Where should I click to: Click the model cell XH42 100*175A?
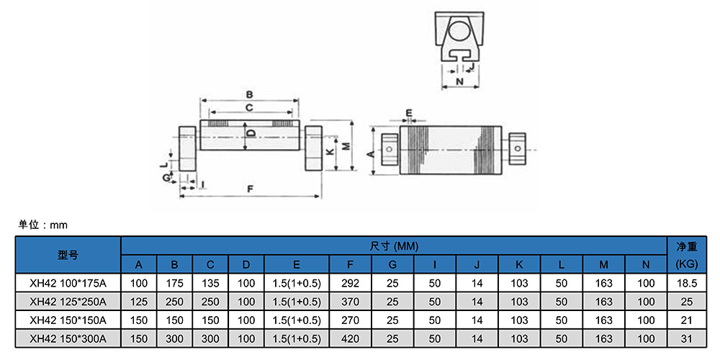pyautogui.click(x=68, y=283)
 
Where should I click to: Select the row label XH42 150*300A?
pyautogui.click(x=68, y=338)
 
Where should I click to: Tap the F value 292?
pyautogui.click(x=350, y=283)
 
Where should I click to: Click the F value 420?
pyautogui.click(x=350, y=338)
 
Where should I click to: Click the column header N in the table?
pyautogui.click(x=645, y=264)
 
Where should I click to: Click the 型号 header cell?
pyautogui.click(x=68, y=255)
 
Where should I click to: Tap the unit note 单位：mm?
pyautogui.click(x=42, y=225)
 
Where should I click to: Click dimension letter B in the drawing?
pyautogui.click(x=249, y=94)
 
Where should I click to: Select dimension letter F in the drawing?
pyautogui.click(x=249, y=189)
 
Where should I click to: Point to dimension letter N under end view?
pyautogui.click(x=459, y=82)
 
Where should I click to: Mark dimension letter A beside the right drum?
pyautogui.click(x=370, y=153)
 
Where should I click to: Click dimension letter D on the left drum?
pyautogui.click(x=251, y=133)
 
